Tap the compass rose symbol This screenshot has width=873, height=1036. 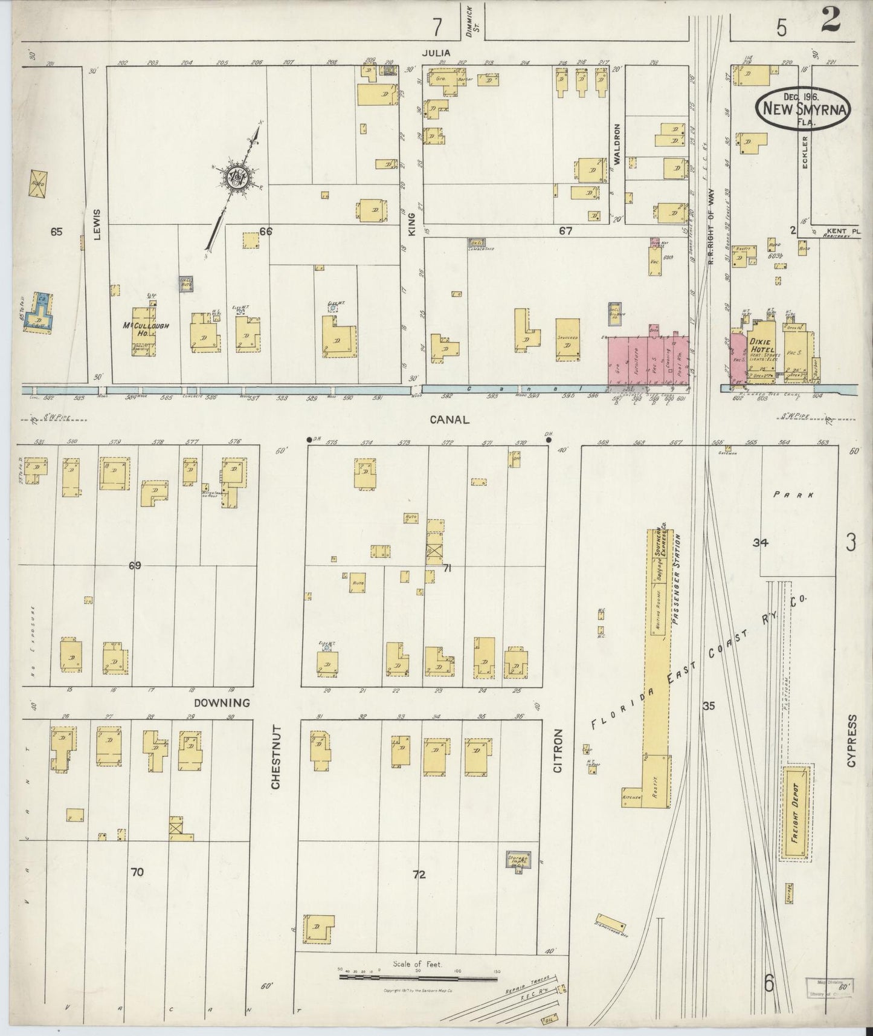tap(235, 176)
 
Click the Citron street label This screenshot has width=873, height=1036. tap(558, 751)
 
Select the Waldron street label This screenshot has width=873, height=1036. tap(617, 144)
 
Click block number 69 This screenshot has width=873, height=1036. tap(134, 566)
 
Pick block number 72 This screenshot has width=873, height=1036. tap(419, 874)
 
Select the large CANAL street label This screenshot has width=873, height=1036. tap(450, 419)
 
